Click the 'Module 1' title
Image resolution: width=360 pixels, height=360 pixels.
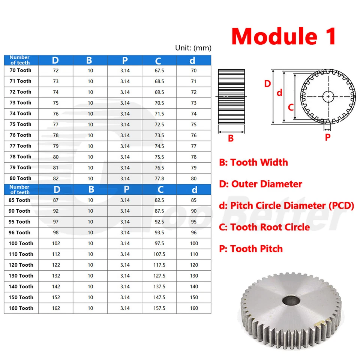pos(283,36)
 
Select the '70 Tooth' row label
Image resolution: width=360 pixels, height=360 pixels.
pos(21,70)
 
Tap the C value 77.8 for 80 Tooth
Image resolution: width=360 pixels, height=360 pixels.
pos(159,178)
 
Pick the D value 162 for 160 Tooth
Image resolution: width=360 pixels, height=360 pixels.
pos(56,308)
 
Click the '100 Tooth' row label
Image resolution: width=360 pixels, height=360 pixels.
pos(21,243)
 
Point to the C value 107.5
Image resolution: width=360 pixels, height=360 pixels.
pos(159,254)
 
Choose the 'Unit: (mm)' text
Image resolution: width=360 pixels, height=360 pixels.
pos(193,48)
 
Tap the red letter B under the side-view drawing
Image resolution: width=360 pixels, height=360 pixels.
pos(231,138)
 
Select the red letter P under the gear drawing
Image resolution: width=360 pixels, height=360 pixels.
pos(327,137)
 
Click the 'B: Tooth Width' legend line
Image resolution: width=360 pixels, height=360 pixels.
pos(253,162)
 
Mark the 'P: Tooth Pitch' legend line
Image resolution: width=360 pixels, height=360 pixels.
pos(251,249)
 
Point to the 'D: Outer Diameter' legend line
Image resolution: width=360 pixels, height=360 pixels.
pos(261,184)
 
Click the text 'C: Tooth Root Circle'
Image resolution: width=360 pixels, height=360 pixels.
pos(264,227)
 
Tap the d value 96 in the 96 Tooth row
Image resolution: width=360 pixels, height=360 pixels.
pos(194,232)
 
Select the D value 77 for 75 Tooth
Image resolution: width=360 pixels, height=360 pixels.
pos(56,124)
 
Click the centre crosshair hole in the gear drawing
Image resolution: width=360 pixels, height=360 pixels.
pos(329,97)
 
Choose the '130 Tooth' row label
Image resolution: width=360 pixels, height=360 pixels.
pos(21,276)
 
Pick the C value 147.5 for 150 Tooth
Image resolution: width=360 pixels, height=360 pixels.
pos(159,297)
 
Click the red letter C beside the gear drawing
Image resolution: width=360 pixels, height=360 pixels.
pos(290,107)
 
